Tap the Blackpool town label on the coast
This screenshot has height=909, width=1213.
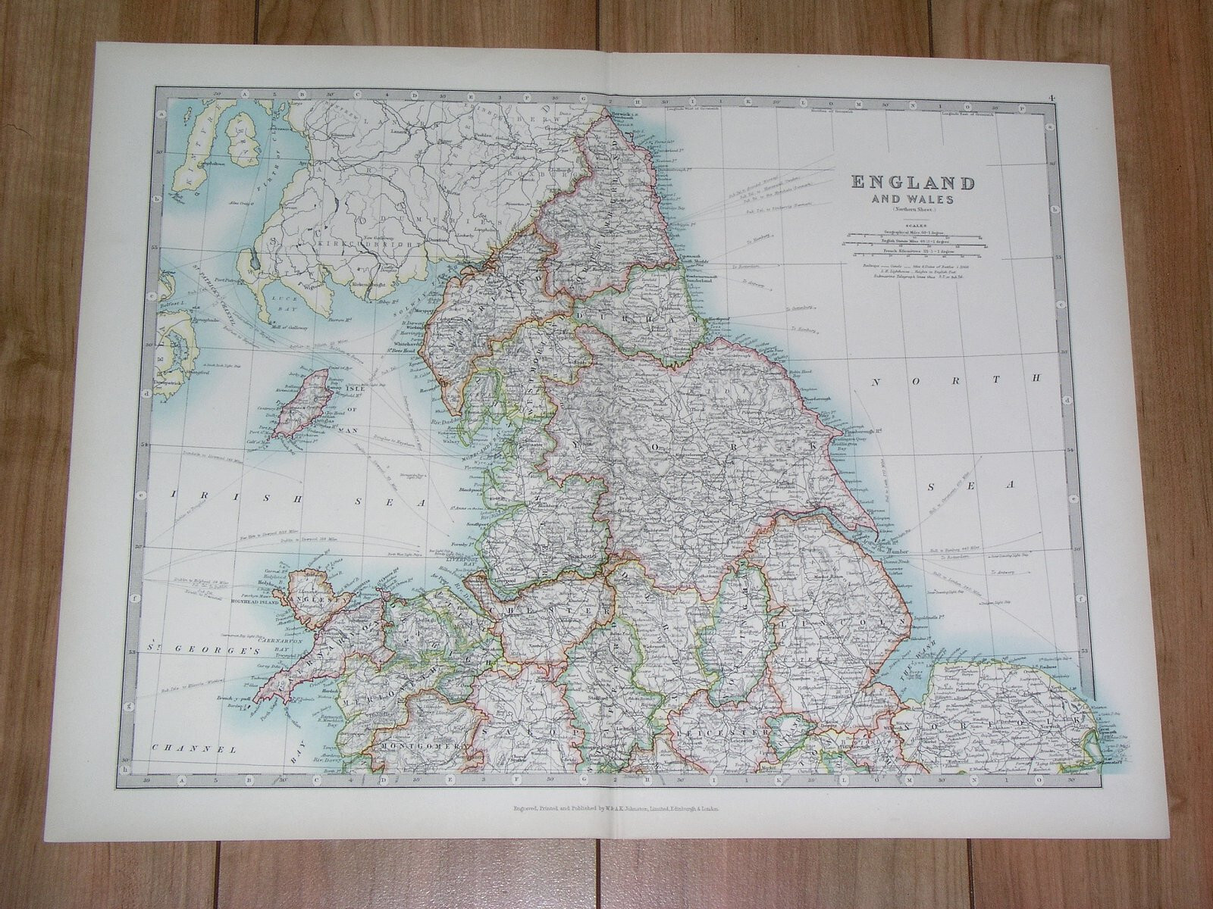pyautogui.click(x=462, y=489)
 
